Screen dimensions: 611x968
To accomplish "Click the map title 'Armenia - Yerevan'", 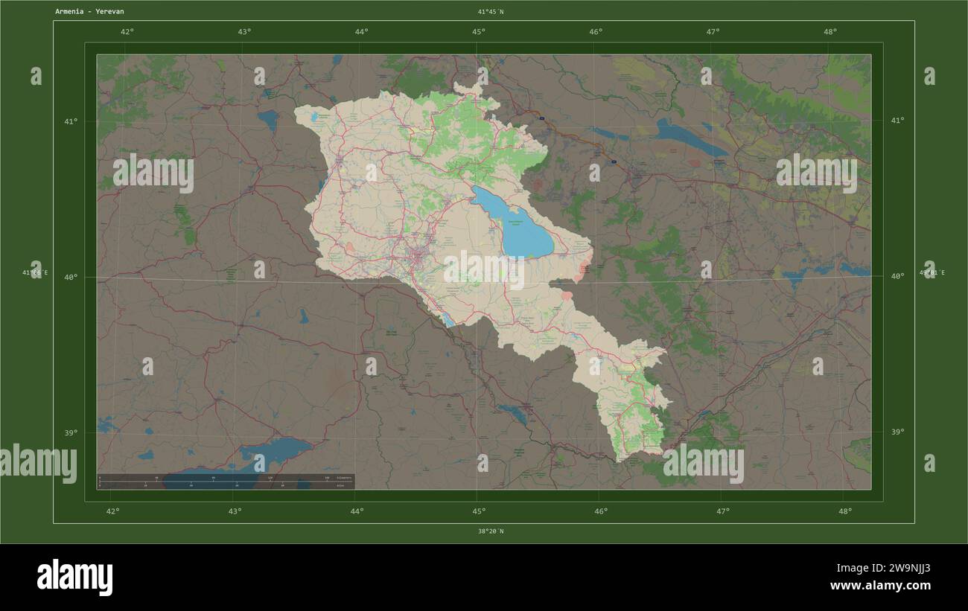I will (89, 12).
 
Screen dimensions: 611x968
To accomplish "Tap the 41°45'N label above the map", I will (491, 12).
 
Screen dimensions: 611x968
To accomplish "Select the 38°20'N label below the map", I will (491, 531).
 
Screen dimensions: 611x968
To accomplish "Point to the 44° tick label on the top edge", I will (361, 32).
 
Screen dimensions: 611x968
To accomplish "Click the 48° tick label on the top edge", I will (830, 32).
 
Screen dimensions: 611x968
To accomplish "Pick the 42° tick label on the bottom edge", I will (112, 511).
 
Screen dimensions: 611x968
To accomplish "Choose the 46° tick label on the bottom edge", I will (601, 511).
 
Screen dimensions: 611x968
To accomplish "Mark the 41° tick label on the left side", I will (70, 121).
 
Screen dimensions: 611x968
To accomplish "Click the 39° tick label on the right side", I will (897, 432).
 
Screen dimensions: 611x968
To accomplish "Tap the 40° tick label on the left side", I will (70, 277).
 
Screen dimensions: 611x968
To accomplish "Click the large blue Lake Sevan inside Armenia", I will (514, 223).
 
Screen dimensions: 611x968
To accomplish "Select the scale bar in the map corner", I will (226, 481).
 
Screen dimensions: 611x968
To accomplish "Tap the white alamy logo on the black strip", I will (74, 578).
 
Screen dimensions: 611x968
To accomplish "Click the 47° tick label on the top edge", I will (713, 32).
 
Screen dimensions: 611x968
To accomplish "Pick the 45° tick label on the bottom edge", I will (479, 511).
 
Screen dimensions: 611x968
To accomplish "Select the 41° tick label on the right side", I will (897, 121).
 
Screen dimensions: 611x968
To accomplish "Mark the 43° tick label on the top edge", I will (244, 32).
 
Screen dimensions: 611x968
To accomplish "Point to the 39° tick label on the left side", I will (70, 432).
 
